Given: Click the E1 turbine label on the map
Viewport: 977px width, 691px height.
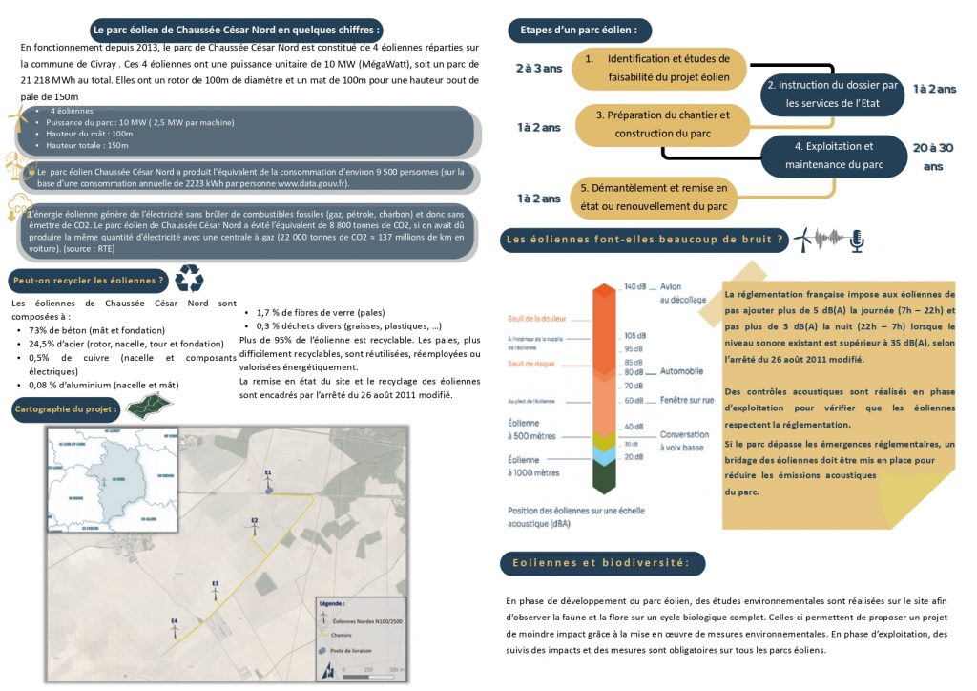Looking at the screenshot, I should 268,472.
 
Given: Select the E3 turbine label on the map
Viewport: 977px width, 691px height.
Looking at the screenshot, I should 216,582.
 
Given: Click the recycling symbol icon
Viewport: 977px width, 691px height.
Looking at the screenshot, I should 189,279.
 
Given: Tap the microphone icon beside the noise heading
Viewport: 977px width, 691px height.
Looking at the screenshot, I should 857,241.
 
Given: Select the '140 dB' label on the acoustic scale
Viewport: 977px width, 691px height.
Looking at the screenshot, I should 635,287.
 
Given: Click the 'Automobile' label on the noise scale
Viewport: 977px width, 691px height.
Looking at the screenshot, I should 682,371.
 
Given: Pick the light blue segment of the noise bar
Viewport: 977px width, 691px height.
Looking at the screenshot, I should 604,456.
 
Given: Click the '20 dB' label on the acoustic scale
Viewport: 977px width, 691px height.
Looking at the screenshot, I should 634,457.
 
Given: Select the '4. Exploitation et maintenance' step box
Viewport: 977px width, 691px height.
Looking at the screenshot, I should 833,157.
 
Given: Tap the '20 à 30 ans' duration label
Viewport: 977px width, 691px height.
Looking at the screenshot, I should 933,157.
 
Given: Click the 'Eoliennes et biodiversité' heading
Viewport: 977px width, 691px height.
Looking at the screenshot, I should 602,564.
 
